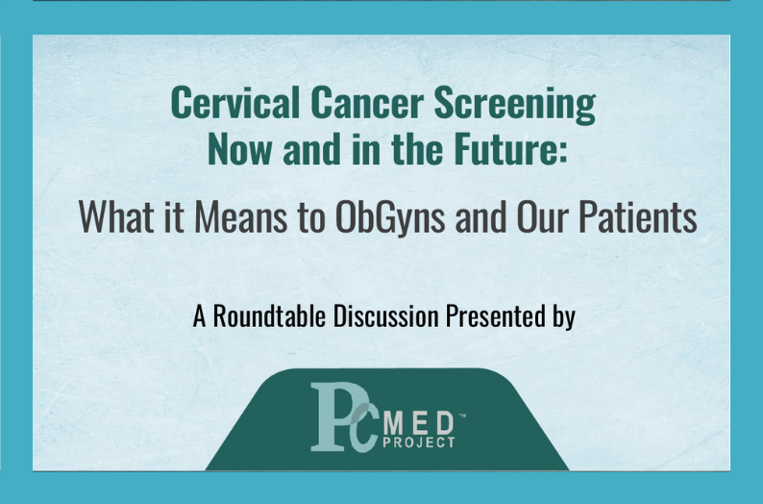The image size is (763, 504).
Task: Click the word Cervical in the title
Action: tap(235, 102)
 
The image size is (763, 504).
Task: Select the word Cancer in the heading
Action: tap(367, 102)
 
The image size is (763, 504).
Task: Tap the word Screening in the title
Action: tap(515, 105)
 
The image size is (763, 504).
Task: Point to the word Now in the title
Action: tap(239, 148)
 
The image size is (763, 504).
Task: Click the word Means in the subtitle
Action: tap(241, 216)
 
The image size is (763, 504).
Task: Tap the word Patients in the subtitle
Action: tap(638, 216)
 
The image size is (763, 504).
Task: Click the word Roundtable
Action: tap(270, 315)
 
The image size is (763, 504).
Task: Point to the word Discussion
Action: tap(386, 315)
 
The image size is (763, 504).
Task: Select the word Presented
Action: tap(495, 315)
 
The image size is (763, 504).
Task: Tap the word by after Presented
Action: tap(564, 317)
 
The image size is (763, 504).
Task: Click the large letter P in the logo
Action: tap(331, 416)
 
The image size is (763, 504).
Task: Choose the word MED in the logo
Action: tap(418, 423)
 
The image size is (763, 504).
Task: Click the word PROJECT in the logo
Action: tap(419, 442)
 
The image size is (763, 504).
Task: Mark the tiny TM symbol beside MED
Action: tap(462, 416)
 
